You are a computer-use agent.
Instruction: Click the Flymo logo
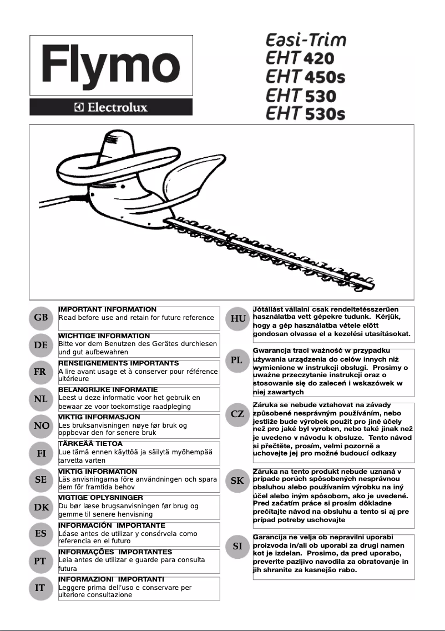pyautogui.click(x=111, y=66)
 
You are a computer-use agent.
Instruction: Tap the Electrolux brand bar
pyautogui.click(x=111, y=107)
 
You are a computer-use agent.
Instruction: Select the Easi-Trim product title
pyautogui.click(x=306, y=40)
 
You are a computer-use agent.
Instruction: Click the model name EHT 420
pyautogui.click(x=300, y=58)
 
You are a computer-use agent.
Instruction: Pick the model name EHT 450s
pyautogui.click(x=305, y=76)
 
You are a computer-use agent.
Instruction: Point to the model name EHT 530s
pyautogui.click(x=305, y=113)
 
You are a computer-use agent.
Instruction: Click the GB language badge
pyautogui.click(x=41, y=318)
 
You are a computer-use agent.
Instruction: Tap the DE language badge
pyautogui.click(x=41, y=345)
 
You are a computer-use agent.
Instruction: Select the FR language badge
pyautogui.click(x=41, y=372)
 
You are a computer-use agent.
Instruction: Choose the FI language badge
pyautogui.click(x=41, y=453)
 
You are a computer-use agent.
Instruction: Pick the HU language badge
pyautogui.click(x=237, y=318)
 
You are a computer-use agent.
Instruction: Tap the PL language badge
pyautogui.click(x=237, y=360)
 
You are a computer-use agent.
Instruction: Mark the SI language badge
pyautogui.click(x=237, y=546)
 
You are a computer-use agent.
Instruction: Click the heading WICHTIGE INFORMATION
pyautogui.click(x=104, y=336)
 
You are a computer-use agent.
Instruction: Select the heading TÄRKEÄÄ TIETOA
pyautogui.click(x=90, y=444)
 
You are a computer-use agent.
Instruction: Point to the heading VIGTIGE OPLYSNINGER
pyautogui.click(x=100, y=498)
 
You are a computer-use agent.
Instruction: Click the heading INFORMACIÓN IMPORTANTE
pyautogui.click(x=112, y=525)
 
